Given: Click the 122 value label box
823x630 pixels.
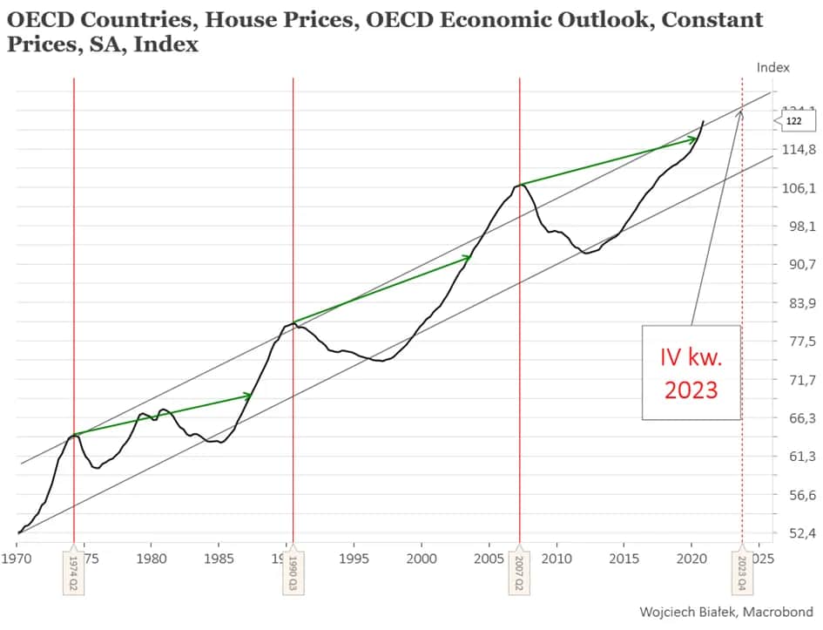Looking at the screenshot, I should pos(793,121).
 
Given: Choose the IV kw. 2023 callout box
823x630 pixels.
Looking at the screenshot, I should pos(691,372).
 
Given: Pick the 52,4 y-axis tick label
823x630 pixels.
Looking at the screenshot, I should pos(799,532).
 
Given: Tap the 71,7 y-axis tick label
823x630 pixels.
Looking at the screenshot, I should pos(799,380).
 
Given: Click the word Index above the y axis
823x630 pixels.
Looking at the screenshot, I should pos(772,67).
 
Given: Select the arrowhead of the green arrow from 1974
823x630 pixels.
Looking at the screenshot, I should pos(248,396).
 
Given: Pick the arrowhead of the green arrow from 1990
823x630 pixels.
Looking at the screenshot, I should pos(468,257).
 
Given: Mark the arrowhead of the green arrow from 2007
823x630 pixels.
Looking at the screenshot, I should pos(693,139).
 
